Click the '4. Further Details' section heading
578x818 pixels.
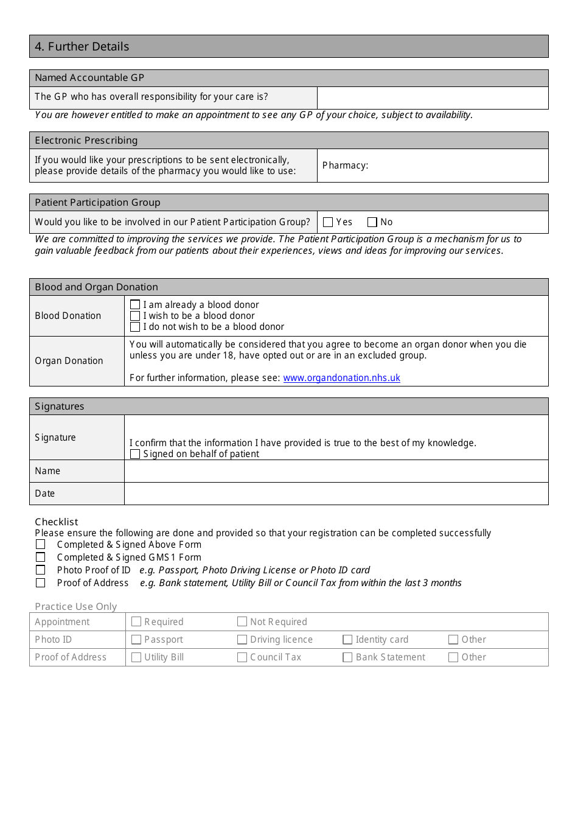click(x=82, y=47)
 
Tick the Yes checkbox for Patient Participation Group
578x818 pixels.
click(x=328, y=222)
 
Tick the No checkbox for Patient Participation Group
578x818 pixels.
click(x=372, y=222)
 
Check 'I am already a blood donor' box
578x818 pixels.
click(x=135, y=305)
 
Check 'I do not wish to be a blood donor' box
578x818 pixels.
click(x=135, y=327)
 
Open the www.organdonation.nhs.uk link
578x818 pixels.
click(x=341, y=378)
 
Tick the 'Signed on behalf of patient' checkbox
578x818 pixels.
click(x=135, y=454)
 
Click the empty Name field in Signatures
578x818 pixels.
click(x=336, y=471)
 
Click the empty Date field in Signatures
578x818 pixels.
click(x=336, y=494)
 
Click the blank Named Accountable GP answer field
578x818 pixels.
click(x=433, y=97)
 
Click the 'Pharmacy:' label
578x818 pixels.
click(x=345, y=166)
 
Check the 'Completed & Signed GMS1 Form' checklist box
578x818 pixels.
click(x=41, y=558)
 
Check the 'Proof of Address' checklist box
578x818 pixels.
click(x=41, y=583)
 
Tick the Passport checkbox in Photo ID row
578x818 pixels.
click(x=136, y=640)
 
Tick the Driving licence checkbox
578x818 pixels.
click(x=242, y=640)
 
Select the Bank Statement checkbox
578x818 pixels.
click(x=348, y=657)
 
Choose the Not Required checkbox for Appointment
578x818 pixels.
click(x=242, y=622)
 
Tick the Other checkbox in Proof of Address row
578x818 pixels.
click(x=453, y=657)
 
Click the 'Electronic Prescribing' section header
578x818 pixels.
click(x=86, y=141)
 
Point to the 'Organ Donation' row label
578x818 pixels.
click(x=69, y=361)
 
